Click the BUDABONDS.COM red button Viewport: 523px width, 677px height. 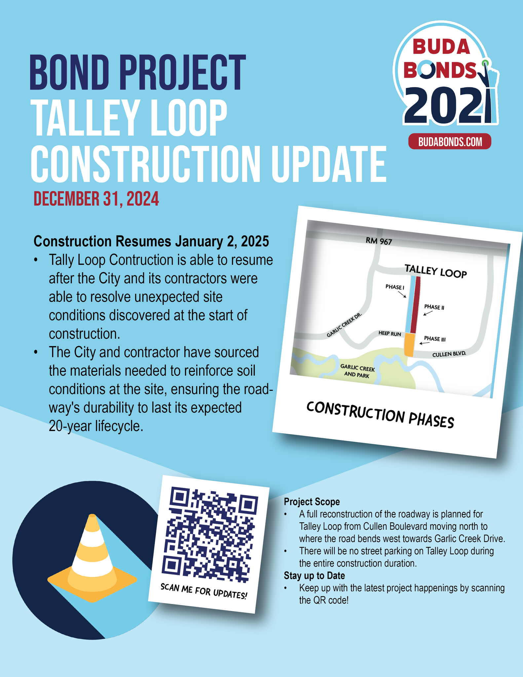(450, 142)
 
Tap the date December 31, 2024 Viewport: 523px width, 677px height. (96, 199)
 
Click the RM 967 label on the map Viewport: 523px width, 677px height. (379, 241)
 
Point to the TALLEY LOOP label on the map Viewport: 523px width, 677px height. (435, 271)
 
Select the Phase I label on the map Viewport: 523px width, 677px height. (394, 287)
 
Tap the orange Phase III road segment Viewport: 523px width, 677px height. (409, 344)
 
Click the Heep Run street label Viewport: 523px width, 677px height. (390, 334)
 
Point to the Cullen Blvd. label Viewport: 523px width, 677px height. (449, 354)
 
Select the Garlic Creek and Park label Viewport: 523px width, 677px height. (357, 371)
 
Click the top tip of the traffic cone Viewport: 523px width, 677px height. (93, 516)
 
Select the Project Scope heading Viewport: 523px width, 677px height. (312, 502)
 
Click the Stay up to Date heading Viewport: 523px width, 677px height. (314, 576)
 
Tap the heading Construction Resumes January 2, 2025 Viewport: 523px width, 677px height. (151, 241)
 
